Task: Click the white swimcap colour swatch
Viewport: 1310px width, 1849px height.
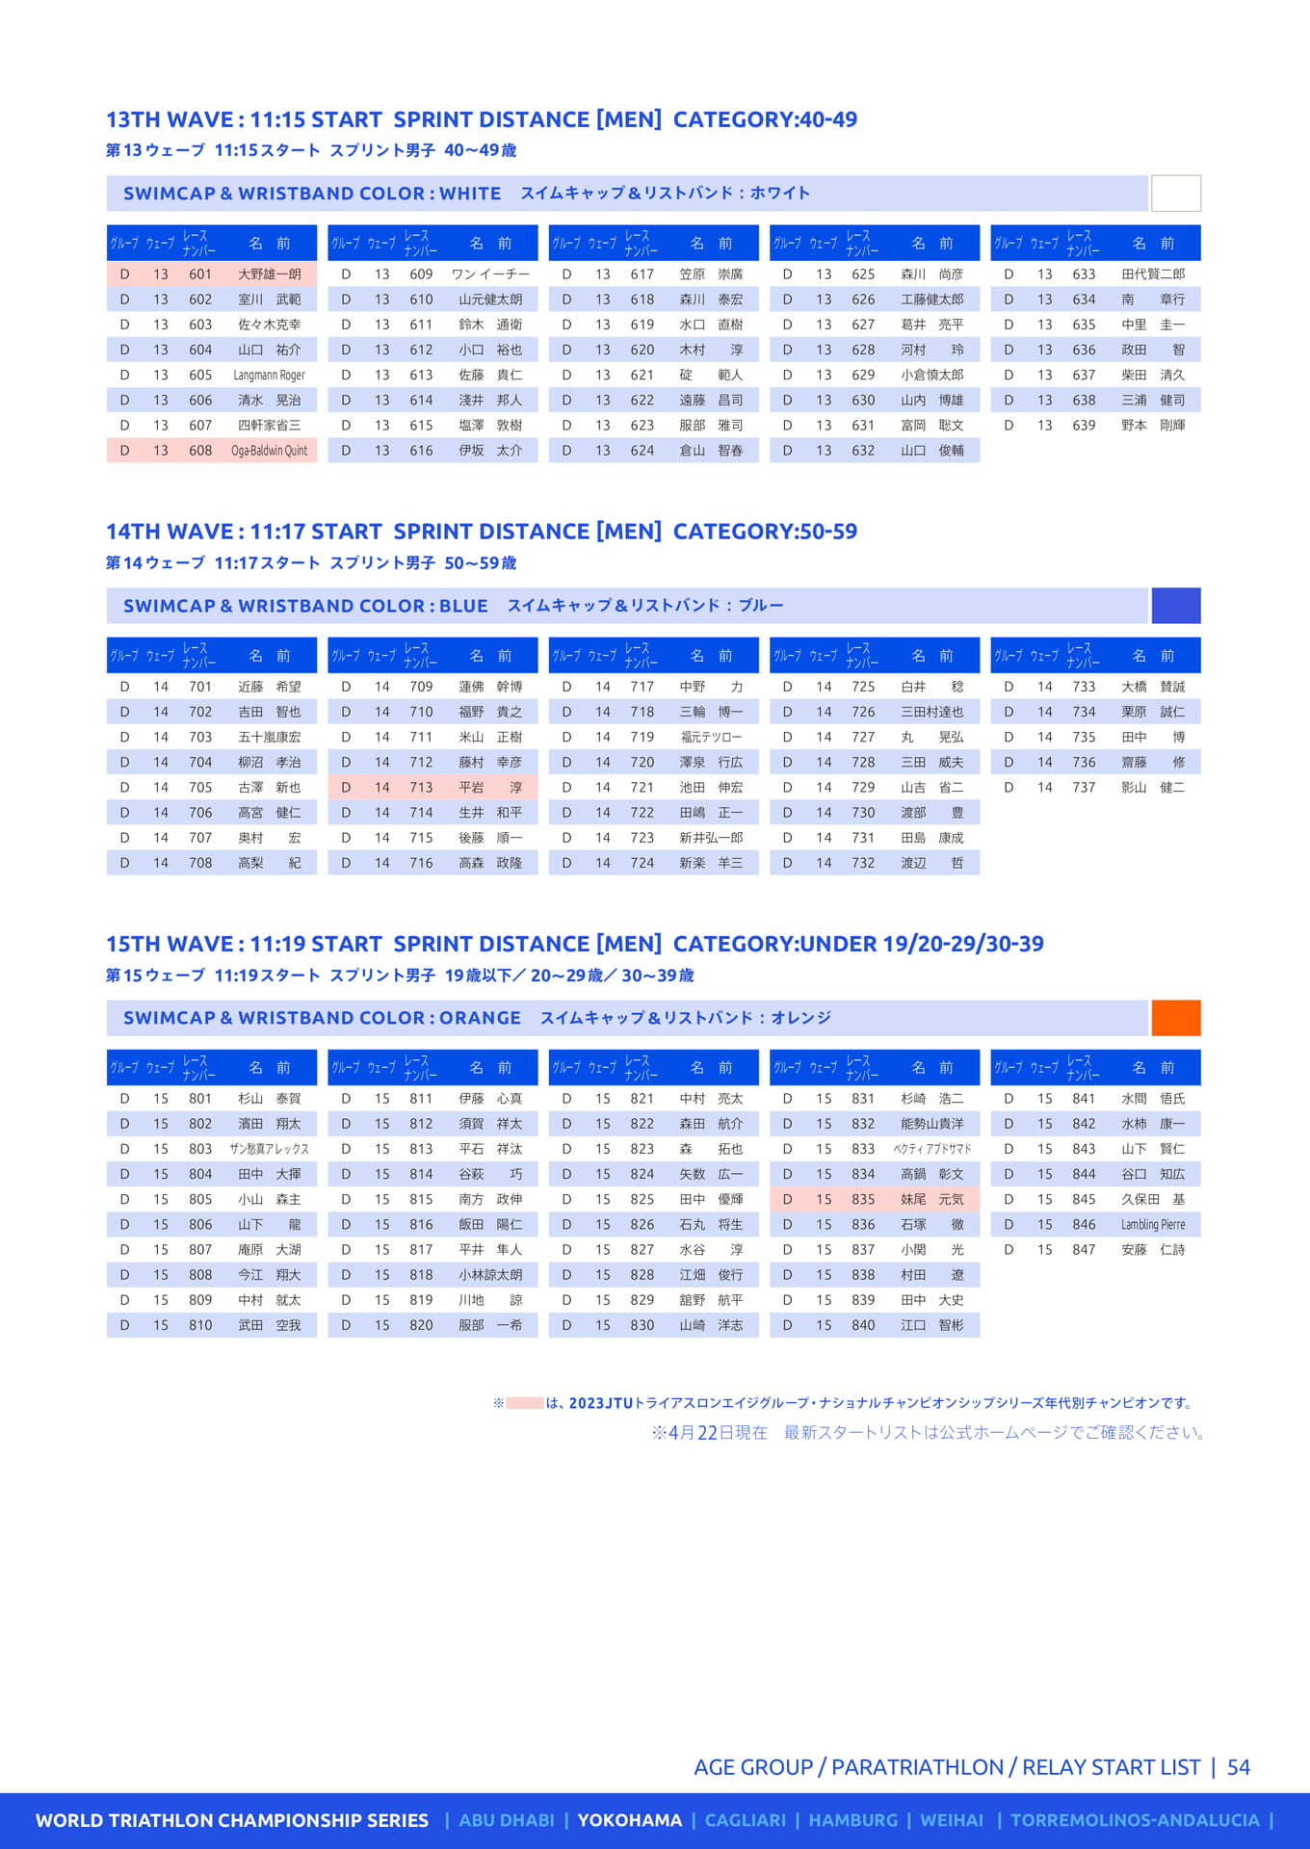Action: [1175, 194]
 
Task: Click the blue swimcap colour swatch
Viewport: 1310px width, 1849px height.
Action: [1175, 606]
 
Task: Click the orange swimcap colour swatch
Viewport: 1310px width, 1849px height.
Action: [1175, 1018]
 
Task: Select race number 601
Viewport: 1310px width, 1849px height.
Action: [200, 274]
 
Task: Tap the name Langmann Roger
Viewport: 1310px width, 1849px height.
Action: [269, 375]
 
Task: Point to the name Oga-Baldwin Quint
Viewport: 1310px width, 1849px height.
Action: [269, 451]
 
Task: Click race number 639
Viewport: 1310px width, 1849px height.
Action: [1084, 425]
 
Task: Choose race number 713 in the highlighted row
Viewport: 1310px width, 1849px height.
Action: [421, 788]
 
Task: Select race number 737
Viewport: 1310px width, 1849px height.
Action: [1084, 788]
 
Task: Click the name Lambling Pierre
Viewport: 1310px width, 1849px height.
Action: [1153, 1225]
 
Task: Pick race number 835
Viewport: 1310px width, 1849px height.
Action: [863, 1200]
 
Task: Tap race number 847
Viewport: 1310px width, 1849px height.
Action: [1084, 1250]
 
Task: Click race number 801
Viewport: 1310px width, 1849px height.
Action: [200, 1099]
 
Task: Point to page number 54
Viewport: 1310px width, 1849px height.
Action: [1238, 1767]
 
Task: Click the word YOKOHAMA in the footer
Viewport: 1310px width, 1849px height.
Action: [629, 1820]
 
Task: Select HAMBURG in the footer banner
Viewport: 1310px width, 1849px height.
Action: [852, 1820]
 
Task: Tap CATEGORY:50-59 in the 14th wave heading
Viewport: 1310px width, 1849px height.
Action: [765, 532]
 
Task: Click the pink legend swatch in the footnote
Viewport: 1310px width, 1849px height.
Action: [525, 1403]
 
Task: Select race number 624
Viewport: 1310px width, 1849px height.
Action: [642, 451]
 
